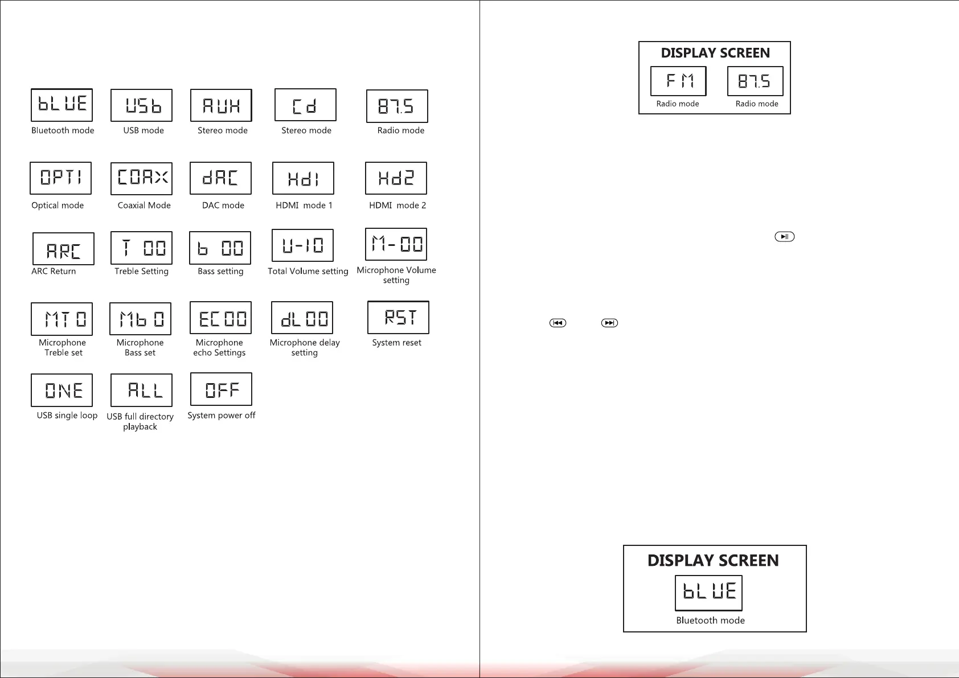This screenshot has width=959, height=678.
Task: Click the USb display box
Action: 141,105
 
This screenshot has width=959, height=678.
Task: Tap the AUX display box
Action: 221,105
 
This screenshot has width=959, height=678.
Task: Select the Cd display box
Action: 305,105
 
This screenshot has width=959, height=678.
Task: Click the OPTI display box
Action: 60,178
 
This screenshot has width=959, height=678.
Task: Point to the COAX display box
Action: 141,178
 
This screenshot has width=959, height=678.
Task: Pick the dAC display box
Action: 220,178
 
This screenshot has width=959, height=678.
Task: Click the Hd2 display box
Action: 396,178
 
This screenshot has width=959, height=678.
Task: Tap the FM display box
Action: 678,81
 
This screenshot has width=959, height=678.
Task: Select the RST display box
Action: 398,317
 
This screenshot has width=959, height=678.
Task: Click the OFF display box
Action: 221,389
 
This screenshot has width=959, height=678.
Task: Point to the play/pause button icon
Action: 784,237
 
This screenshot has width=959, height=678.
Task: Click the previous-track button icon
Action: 558,323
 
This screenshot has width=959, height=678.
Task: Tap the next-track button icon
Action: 609,323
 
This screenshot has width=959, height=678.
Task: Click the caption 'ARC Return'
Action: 54,272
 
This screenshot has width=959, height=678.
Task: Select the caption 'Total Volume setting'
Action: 308,272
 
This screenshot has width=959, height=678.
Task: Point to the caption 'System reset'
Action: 396,343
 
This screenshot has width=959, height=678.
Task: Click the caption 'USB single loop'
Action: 67,416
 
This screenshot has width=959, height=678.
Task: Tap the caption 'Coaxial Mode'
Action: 144,206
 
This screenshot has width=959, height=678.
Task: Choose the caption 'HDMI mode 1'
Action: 304,206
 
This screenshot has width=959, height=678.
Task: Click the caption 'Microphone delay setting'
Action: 305,348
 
